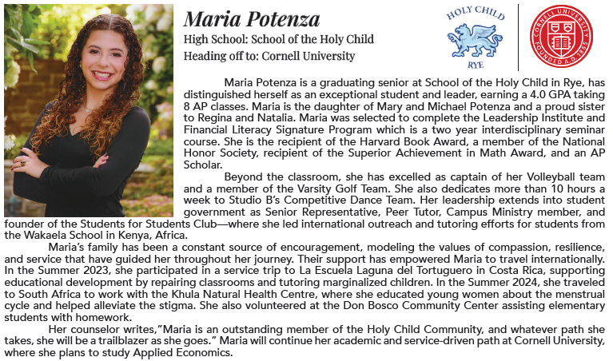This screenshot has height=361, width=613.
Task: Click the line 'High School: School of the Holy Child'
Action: tap(278, 40)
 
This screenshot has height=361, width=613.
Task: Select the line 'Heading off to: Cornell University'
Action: tap(269, 56)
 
